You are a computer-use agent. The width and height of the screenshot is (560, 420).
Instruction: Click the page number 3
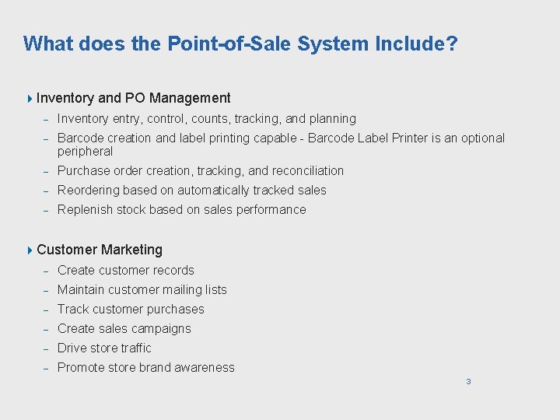click(x=468, y=381)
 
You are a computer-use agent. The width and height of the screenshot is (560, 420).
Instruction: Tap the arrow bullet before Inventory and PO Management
click(x=30, y=98)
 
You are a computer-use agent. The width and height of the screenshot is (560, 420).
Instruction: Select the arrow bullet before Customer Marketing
click(x=30, y=250)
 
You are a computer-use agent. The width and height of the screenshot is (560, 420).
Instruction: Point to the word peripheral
click(x=85, y=152)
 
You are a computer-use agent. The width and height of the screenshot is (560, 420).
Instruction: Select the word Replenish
click(x=84, y=210)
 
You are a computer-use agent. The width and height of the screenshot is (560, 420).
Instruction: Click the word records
click(x=175, y=271)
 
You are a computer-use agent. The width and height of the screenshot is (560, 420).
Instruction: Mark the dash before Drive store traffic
click(x=46, y=349)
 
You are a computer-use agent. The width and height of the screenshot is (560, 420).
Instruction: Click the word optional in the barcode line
click(x=480, y=138)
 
